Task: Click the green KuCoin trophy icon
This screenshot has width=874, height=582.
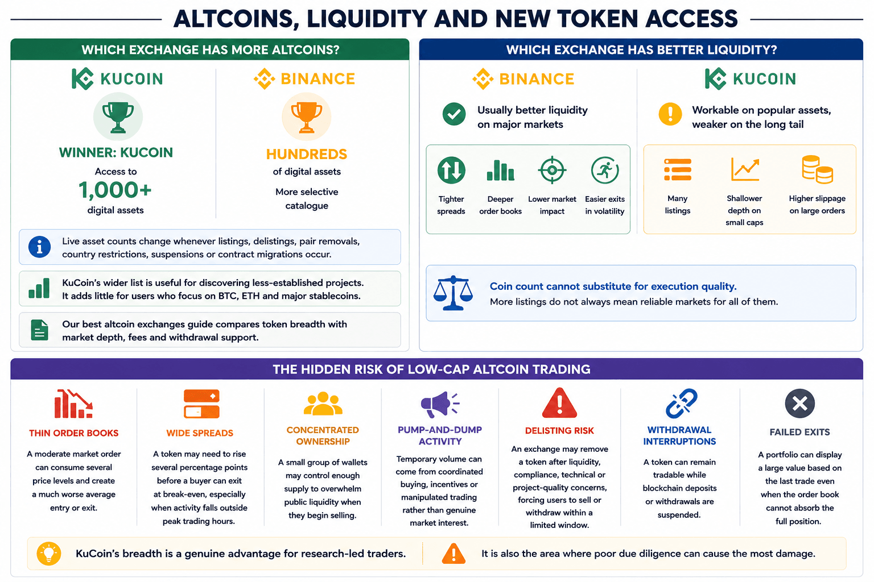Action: (x=118, y=117)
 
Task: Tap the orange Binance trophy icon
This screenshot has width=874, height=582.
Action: (x=306, y=117)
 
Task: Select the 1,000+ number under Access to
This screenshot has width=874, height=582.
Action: (x=115, y=190)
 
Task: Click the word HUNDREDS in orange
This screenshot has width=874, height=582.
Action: (x=306, y=155)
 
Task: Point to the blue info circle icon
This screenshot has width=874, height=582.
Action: (x=39, y=247)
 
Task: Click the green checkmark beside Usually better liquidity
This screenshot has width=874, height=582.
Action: (x=454, y=114)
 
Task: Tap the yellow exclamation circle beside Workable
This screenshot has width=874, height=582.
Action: (x=670, y=114)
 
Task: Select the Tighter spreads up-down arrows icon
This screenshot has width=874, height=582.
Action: (x=451, y=170)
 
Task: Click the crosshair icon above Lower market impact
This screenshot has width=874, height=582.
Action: (x=552, y=170)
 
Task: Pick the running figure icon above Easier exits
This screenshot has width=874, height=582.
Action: (x=605, y=170)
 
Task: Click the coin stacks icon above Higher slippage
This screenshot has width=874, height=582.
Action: (x=818, y=169)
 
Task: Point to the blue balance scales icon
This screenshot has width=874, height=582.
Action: (x=453, y=293)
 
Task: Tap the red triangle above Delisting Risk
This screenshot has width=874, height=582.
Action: (x=559, y=403)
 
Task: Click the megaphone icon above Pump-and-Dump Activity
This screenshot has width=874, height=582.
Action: (x=440, y=404)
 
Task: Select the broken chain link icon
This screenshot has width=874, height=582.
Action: (x=681, y=403)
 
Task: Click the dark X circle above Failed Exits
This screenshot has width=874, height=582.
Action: (x=799, y=404)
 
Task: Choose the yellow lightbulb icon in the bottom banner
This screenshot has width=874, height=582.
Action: (x=49, y=553)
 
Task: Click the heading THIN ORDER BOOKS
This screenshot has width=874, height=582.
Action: (x=74, y=433)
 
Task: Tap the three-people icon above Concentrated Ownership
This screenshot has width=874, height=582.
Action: (x=323, y=404)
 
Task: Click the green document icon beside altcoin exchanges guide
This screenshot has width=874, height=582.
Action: (x=39, y=330)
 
